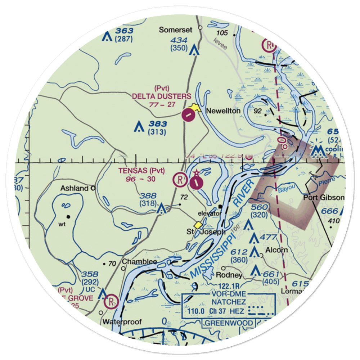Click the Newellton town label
click(223, 111)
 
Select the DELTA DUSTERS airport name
click(162, 96)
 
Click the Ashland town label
click(74, 188)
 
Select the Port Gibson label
click(324, 198)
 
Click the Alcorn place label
click(276, 250)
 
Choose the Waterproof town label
click(121, 321)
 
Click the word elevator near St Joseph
click(209, 213)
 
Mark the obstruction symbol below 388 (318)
click(161, 208)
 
